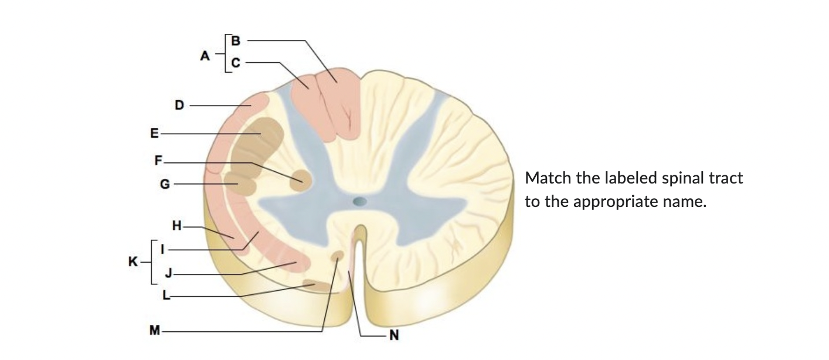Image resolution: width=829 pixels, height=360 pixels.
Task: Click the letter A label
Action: (x=205, y=56)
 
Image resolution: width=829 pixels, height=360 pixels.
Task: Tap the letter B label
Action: (x=236, y=41)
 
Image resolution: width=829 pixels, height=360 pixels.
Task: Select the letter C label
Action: (x=236, y=63)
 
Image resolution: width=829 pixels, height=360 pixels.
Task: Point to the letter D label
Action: (x=179, y=106)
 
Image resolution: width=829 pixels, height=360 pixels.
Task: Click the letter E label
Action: (x=154, y=134)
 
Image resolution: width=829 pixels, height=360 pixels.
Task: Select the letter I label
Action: (x=165, y=249)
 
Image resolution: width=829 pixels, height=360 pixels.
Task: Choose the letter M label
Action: (x=154, y=331)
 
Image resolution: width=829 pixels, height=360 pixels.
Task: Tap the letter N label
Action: (x=394, y=335)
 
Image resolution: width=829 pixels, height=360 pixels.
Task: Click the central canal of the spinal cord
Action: (x=359, y=202)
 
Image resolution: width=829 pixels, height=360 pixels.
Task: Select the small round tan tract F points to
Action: (x=301, y=181)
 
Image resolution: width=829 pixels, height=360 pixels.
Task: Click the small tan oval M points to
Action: (x=338, y=256)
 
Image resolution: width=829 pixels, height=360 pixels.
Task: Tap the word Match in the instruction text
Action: (x=546, y=178)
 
